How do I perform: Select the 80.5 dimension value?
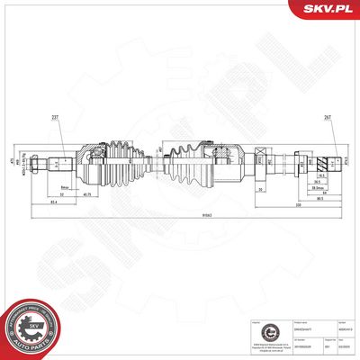coord(319,200)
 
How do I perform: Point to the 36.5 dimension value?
coord(318,183)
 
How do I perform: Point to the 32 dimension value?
coord(60,194)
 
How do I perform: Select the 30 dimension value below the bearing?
coord(259,191)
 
